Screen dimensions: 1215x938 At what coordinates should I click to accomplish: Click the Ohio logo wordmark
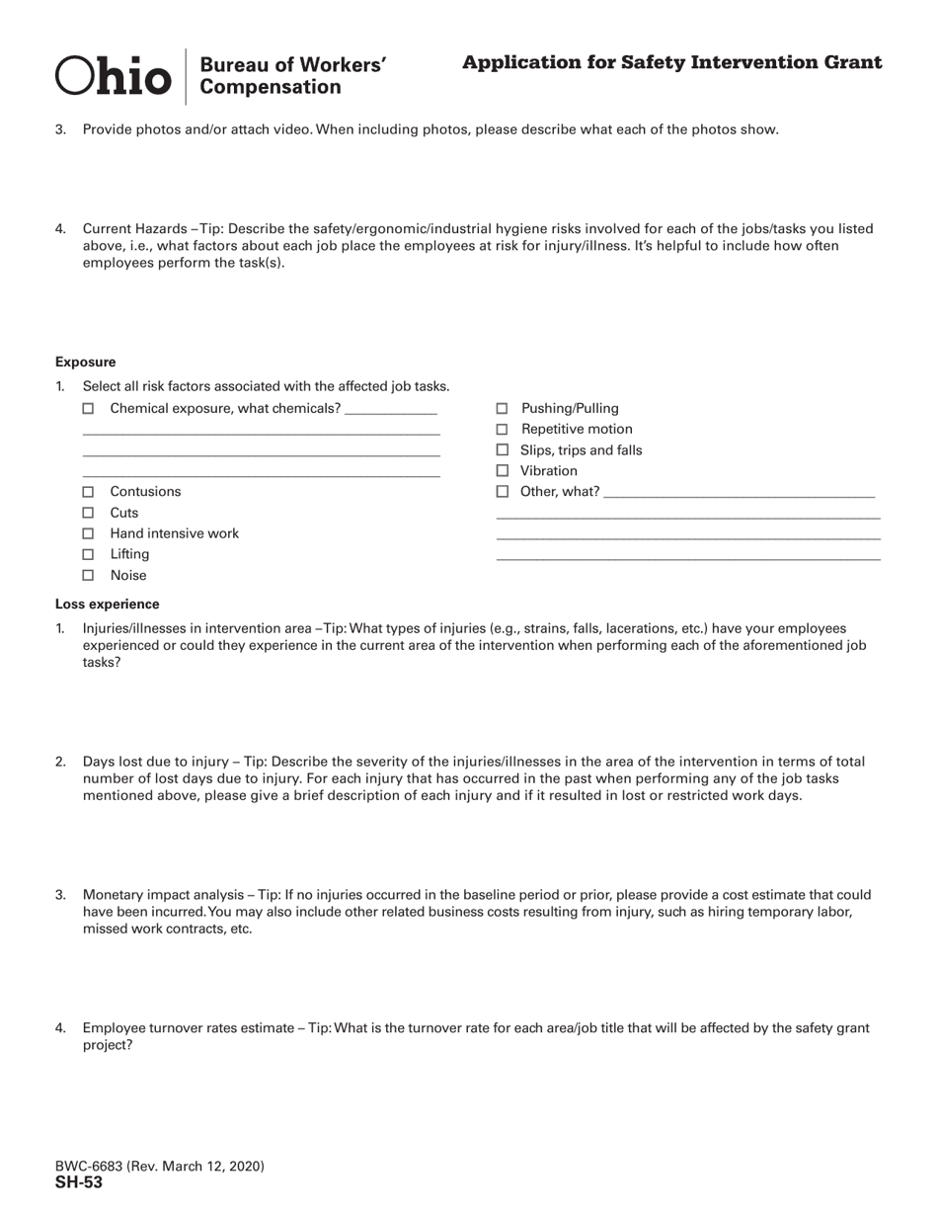(113, 76)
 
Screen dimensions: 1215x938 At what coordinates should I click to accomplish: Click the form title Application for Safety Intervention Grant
(671, 63)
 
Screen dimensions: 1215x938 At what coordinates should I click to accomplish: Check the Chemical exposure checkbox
(88, 408)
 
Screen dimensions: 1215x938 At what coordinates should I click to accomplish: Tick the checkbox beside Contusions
(88, 492)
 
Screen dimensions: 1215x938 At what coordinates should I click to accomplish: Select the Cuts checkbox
(88, 513)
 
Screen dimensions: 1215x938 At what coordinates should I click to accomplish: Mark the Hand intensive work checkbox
(88, 533)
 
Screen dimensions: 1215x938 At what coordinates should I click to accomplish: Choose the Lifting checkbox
(88, 554)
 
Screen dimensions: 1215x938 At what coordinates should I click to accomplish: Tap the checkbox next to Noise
(88, 575)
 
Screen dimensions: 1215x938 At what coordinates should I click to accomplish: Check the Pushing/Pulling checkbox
(502, 408)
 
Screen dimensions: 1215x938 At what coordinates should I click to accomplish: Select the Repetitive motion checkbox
(502, 429)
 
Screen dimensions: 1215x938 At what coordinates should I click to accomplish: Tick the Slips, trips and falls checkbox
(502, 450)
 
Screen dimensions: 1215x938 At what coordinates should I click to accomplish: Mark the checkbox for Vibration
(502, 471)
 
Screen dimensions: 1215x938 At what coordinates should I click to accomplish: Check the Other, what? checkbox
(502, 492)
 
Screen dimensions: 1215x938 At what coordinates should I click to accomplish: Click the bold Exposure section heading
(85, 363)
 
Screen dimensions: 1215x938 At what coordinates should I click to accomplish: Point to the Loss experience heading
(107, 605)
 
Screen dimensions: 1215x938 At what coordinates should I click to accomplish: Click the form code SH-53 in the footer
(79, 1183)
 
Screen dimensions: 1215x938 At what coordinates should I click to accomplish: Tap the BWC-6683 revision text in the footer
(159, 1167)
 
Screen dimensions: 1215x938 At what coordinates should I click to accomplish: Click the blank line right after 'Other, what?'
(738, 492)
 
